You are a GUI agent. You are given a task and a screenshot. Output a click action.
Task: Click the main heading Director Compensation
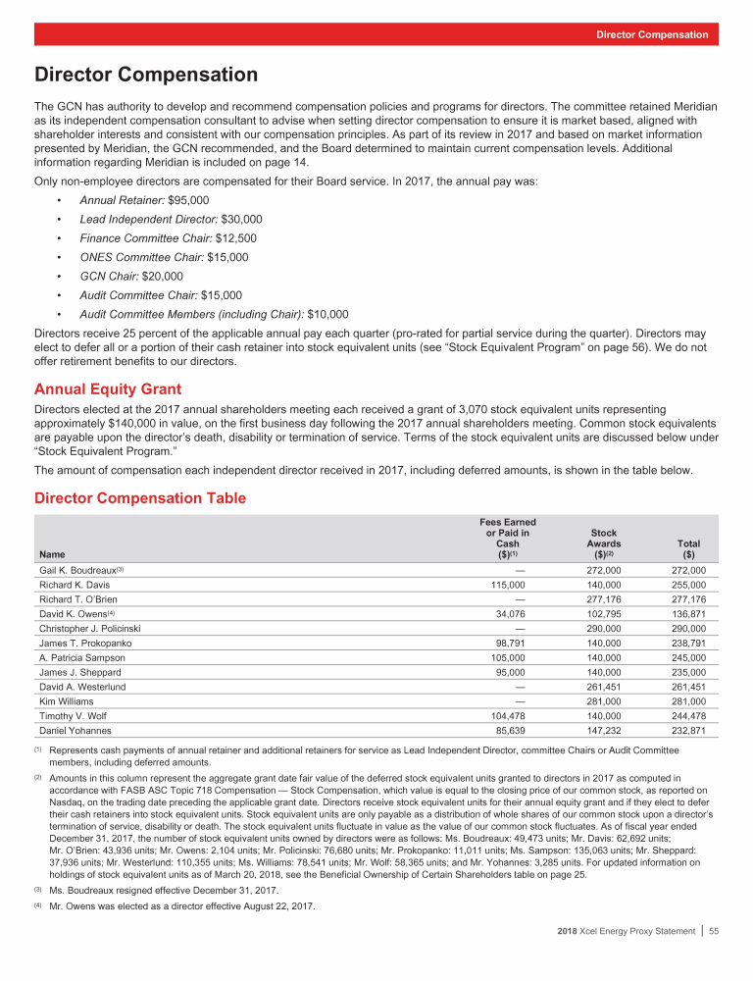click(x=146, y=76)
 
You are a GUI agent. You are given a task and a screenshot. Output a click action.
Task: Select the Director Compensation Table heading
click(x=139, y=498)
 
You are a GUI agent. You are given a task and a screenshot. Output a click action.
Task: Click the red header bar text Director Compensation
click(x=652, y=34)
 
